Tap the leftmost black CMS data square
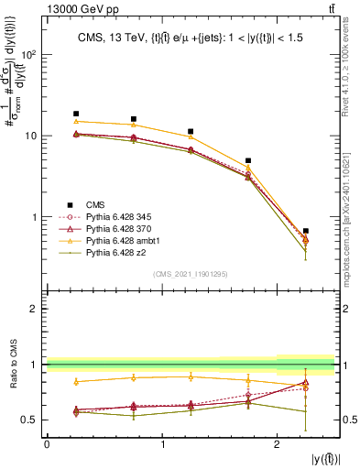tap(76, 114)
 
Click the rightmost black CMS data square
tap(306, 231)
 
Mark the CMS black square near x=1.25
tap(191, 131)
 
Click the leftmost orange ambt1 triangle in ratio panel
tap(76, 381)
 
